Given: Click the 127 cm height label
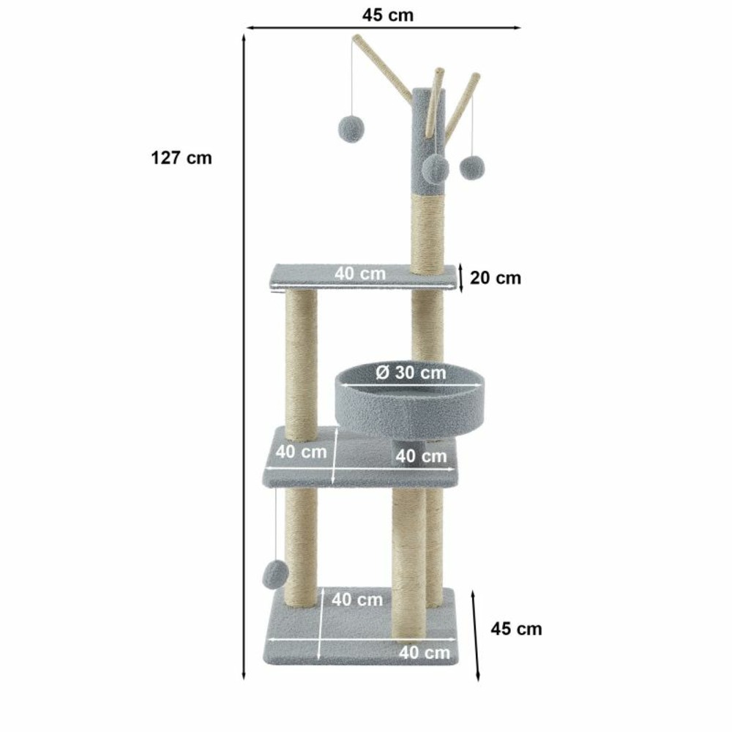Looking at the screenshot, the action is (x=182, y=158).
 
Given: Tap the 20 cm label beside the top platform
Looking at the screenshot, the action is (x=496, y=277).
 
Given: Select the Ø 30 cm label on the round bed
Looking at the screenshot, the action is (x=411, y=373).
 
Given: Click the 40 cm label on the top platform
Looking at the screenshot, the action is (x=360, y=273).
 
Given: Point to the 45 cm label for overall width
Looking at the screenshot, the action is (x=387, y=15).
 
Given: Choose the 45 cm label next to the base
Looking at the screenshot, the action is (x=516, y=629).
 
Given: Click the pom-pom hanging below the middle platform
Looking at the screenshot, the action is (x=275, y=575).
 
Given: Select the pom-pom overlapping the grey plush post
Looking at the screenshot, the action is (x=436, y=169).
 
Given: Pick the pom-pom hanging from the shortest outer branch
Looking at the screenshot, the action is (x=472, y=167).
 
